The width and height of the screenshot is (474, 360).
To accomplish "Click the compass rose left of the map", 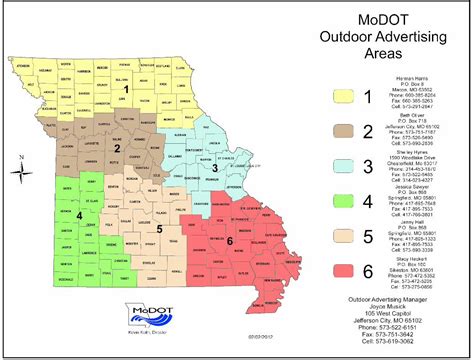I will [22, 171].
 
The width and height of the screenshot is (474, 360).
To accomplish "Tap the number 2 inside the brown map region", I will [117, 149].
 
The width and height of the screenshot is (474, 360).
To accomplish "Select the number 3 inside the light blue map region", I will [213, 169].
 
